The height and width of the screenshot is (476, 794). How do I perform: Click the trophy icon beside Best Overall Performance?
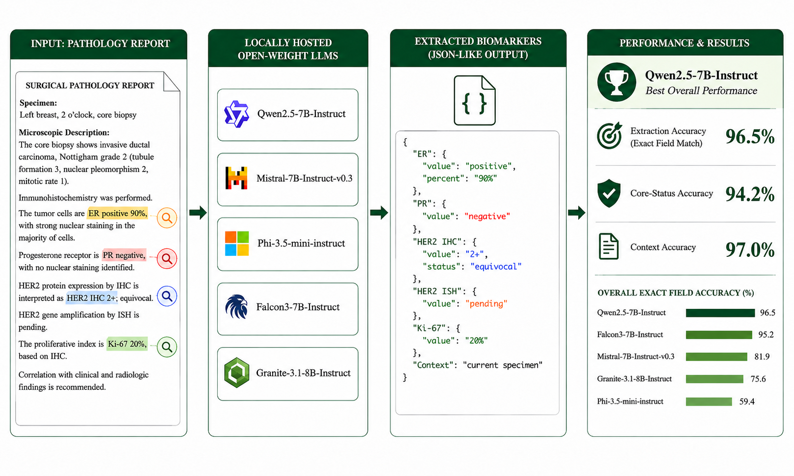pos(616,82)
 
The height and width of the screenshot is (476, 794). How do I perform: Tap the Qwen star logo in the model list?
pos(236,114)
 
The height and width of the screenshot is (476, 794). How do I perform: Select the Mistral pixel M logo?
pos(236,178)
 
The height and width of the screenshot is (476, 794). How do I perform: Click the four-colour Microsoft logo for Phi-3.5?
pos(237,244)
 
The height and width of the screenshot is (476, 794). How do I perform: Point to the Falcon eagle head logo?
pos(236,307)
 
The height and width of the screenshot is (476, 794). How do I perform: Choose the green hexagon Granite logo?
pos(236,373)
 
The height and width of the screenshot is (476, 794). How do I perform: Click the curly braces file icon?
pos(475,100)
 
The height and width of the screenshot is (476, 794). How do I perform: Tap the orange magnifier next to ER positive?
pos(167,218)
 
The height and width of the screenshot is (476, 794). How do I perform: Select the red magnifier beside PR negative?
pos(167,259)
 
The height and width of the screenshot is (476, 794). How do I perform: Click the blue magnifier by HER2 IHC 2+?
pos(167,296)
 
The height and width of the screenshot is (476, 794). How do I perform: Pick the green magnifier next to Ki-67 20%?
pos(167,347)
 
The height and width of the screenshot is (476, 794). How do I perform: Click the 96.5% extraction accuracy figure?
pos(750,137)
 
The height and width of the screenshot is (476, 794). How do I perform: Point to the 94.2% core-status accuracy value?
pos(750,194)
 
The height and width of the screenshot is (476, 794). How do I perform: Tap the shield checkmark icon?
pos(609,193)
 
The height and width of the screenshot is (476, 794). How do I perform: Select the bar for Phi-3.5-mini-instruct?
pos(709,401)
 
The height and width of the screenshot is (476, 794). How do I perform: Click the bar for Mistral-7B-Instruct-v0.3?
pos(717,356)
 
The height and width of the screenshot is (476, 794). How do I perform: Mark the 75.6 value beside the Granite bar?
pos(758,379)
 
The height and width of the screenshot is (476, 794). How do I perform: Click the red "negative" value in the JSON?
pos(487,216)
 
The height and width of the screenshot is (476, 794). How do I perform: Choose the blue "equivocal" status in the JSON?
pos(496,267)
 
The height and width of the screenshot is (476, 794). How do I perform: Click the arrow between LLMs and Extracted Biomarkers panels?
pos(379,213)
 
